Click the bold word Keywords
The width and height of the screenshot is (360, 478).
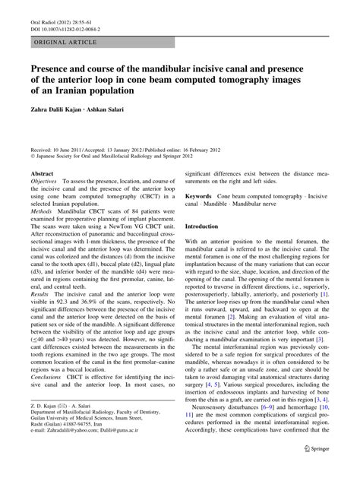201,196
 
